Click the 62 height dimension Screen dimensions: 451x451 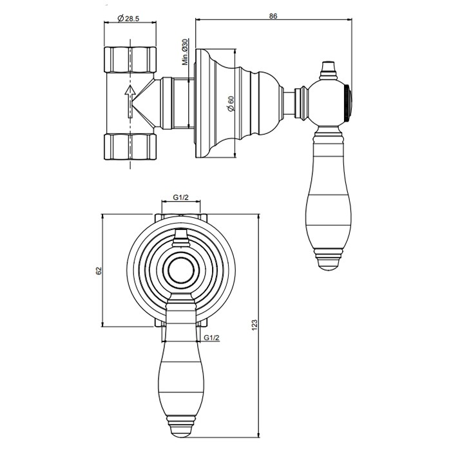[99, 271]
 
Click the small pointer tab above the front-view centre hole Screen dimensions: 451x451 [180, 241]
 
